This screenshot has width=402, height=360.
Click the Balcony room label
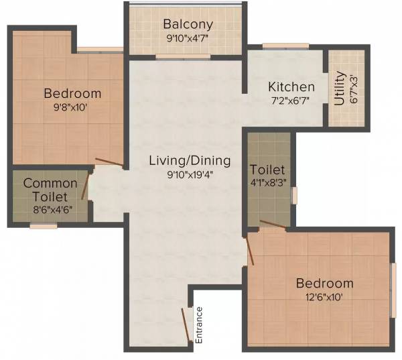188,24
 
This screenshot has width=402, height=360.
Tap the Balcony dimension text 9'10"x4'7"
187,38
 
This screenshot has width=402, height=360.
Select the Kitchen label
291,87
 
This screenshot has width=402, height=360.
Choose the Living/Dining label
190,161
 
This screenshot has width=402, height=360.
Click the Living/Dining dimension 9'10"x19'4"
190,175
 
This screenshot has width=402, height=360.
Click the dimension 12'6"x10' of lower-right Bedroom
325,297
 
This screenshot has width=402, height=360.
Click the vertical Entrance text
198,325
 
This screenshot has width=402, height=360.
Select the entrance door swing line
185,325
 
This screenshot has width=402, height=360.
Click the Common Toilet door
85,186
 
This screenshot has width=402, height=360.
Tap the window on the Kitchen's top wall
276,46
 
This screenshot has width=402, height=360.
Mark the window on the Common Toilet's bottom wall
44,226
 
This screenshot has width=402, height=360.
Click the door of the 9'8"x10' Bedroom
109,162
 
